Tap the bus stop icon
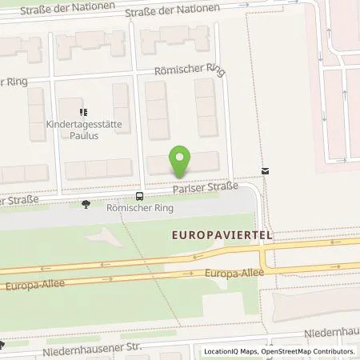pos(140,195)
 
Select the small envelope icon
pos(265,170)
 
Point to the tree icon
pos(86,204)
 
